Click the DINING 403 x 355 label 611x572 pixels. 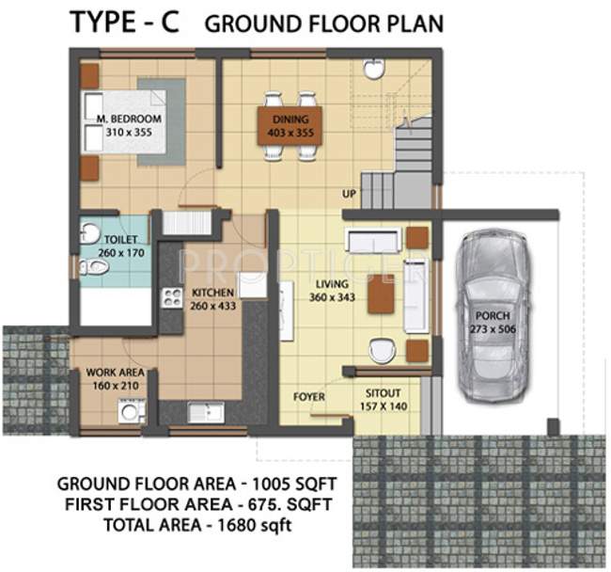click(x=290, y=127)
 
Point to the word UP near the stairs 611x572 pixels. click(x=350, y=195)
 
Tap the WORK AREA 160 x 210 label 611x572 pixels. click(x=114, y=379)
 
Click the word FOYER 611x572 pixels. click(x=309, y=397)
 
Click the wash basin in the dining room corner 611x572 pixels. click(x=374, y=69)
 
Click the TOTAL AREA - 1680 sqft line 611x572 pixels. click(x=197, y=525)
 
